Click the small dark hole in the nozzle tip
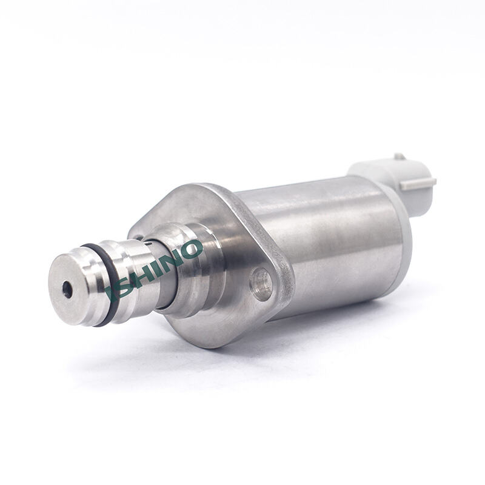(67, 289)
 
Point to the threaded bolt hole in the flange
(261, 284)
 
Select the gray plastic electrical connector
(393, 182)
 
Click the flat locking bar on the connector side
(418, 184)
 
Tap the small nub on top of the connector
(400, 156)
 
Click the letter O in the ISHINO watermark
(192, 249)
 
